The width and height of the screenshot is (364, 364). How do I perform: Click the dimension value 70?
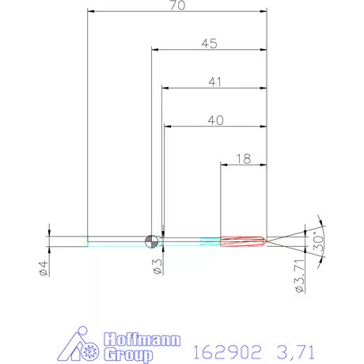point(177,6)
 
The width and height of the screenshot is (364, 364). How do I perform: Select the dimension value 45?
point(210,44)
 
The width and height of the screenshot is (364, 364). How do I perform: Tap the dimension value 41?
point(214,82)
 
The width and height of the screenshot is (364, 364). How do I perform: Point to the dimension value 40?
point(216,120)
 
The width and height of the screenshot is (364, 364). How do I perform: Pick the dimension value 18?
point(244,159)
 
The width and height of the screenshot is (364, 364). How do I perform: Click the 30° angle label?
point(318,241)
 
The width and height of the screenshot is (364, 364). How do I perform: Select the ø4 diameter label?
point(44,268)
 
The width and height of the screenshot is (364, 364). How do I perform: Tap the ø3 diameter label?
point(157,267)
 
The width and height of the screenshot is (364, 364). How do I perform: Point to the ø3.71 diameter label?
point(300,276)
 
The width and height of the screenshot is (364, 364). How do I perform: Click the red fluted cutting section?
point(243,241)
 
